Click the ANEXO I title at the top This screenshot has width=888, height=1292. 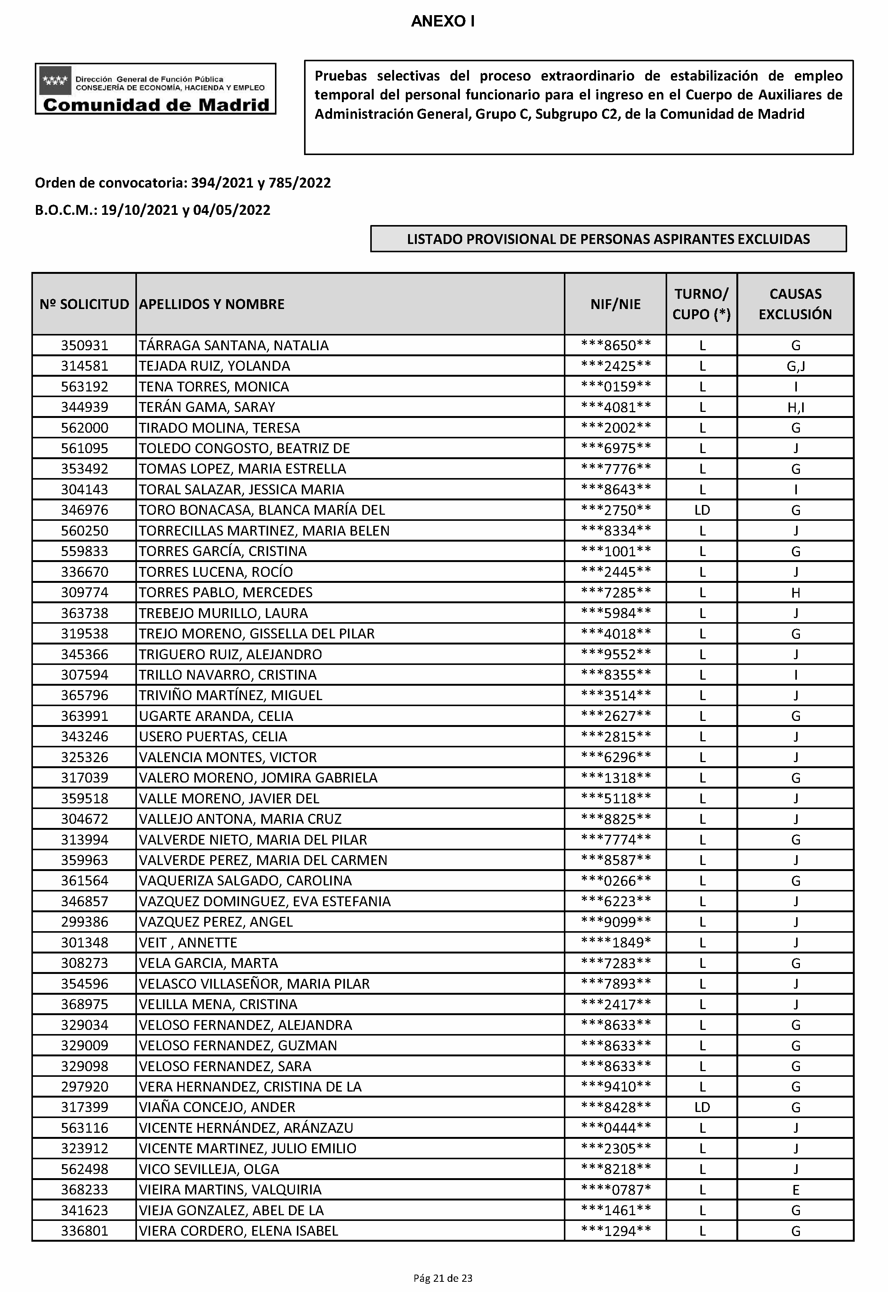(x=442, y=22)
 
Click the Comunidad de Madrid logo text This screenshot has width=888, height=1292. (x=156, y=105)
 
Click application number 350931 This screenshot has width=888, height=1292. (x=85, y=346)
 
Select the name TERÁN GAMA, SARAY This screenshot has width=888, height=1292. (x=207, y=407)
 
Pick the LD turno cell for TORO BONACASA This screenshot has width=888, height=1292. (x=702, y=510)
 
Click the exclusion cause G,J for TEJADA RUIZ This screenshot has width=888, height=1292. (x=796, y=366)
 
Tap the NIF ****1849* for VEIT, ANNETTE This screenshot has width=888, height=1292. (x=615, y=943)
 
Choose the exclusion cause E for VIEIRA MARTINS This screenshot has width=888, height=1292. (x=796, y=1190)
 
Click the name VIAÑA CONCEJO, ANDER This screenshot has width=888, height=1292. (x=217, y=1107)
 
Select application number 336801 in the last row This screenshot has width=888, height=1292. (x=85, y=1231)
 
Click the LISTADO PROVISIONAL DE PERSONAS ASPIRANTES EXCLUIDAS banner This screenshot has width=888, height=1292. (x=608, y=239)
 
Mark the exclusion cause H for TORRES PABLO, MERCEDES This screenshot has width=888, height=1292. (x=796, y=593)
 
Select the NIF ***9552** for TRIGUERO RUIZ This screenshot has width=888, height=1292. (x=615, y=654)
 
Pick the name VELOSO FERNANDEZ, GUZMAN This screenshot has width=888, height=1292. (x=238, y=1045)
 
